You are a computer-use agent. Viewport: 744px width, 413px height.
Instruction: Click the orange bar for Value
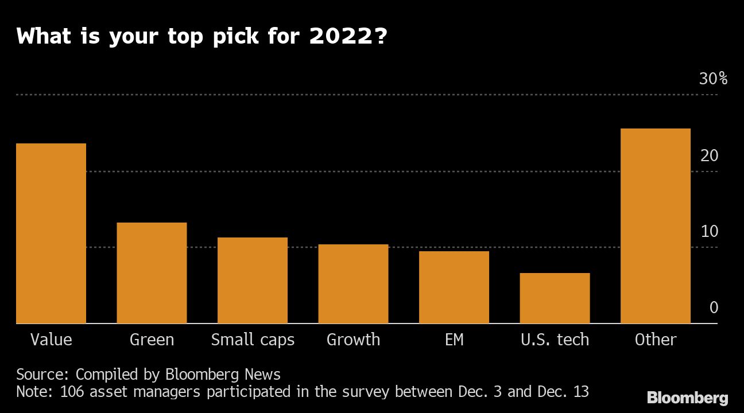point(51,233)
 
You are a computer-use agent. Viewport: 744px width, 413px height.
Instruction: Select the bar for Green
point(152,273)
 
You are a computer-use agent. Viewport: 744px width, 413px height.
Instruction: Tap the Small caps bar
point(253,280)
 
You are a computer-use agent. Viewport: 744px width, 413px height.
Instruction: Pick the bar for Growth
point(353,284)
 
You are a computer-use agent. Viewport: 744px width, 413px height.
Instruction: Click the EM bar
point(454,287)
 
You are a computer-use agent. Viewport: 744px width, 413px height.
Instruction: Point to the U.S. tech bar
point(555,298)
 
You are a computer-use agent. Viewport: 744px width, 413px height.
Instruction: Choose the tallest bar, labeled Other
point(656,226)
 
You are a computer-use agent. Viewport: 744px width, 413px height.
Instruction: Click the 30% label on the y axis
point(713,79)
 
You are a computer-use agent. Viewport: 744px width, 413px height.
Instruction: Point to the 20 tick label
point(710,155)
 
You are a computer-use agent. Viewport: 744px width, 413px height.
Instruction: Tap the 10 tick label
point(710,232)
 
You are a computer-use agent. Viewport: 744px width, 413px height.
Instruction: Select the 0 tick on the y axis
point(714,308)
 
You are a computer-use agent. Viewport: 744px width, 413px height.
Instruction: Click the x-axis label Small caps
point(253,340)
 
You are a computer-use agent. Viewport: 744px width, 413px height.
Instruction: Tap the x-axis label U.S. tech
point(555,340)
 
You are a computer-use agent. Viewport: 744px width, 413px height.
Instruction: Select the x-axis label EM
point(454,340)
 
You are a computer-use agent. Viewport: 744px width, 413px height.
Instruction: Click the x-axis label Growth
point(353,340)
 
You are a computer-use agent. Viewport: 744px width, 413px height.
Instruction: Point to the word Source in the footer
point(42,375)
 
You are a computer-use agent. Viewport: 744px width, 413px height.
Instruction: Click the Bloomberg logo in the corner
point(687,398)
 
